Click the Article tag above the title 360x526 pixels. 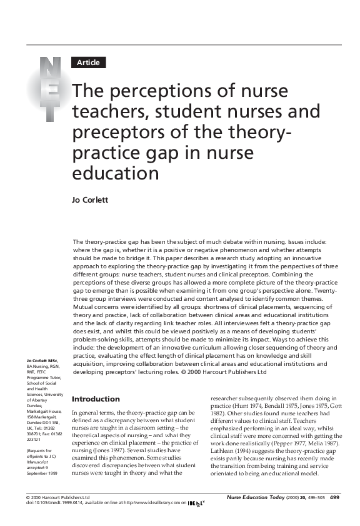89,63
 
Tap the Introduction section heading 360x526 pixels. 96,399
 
